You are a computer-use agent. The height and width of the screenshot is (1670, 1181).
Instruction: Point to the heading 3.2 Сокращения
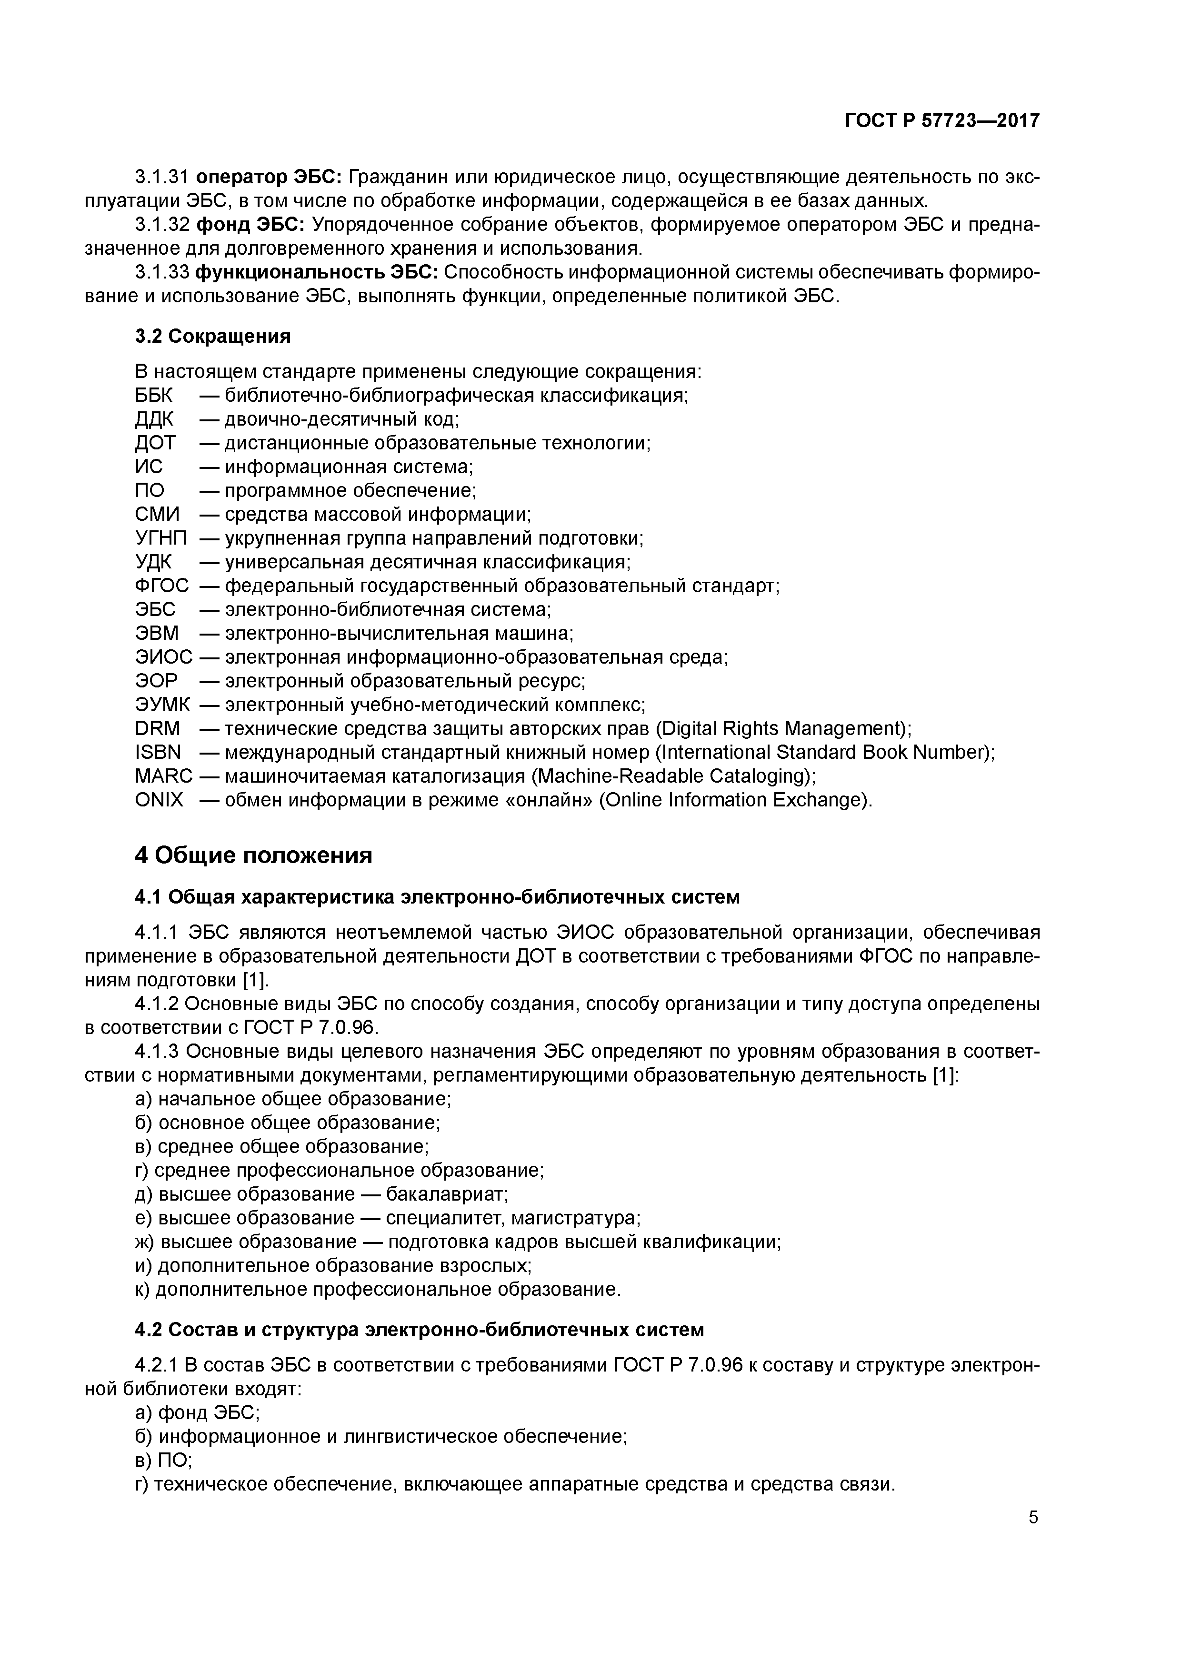[x=212, y=336]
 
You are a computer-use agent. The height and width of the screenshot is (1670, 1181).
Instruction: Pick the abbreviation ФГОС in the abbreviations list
[x=161, y=586]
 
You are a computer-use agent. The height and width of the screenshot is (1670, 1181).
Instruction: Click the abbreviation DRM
[x=157, y=729]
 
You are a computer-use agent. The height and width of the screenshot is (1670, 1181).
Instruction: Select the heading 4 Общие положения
[x=253, y=855]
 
